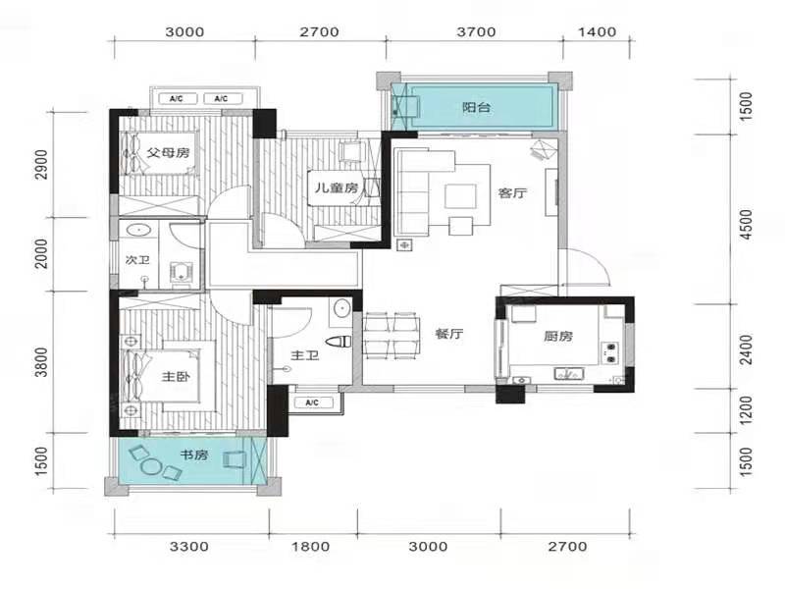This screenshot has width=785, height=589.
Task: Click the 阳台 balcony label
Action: coord(476,108)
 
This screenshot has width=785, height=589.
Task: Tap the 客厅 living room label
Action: coord(512,192)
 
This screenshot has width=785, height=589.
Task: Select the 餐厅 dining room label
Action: coord(449,334)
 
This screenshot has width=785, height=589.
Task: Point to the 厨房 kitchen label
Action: coord(558,336)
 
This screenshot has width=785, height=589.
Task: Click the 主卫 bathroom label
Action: coord(305,355)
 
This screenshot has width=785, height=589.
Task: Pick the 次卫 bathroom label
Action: coord(137,260)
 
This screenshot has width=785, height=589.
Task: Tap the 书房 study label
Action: coord(193,455)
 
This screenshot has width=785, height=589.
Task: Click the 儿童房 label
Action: coord(337,188)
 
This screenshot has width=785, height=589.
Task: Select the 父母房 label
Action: coord(169,152)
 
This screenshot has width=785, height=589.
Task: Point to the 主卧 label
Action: coord(176,377)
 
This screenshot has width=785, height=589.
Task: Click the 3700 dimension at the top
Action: coord(476,32)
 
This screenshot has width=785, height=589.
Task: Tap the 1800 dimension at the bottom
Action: coord(311,547)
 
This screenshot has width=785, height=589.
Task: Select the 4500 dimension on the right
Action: coord(746,224)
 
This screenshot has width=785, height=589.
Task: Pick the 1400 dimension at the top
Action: coord(597,32)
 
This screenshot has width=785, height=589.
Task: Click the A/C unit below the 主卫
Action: coord(312,402)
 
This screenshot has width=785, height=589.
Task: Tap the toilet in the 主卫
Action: coord(339,342)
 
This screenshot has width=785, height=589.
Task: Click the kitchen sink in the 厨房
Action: coord(568,374)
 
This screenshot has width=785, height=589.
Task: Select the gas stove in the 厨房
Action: coord(610,352)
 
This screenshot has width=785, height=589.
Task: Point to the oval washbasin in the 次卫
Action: coord(138,231)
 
